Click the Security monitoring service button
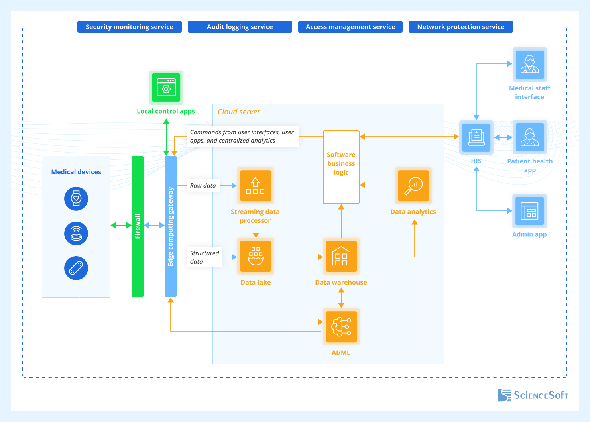[x=130, y=27]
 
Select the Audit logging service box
[x=240, y=27]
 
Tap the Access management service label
[x=350, y=27]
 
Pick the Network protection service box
[x=460, y=27]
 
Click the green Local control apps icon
[x=166, y=87]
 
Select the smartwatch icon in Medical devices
[x=76, y=198]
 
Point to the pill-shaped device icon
[x=76, y=268]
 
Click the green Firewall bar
[x=138, y=226]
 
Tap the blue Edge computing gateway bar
[x=171, y=226]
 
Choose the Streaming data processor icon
[x=256, y=186]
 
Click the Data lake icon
[x=256, y=256]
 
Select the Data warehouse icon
[x=341, y=256]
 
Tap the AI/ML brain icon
[x=341, y=327]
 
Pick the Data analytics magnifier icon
[x=413, y=186]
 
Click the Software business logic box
[x=341, y=167]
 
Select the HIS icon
[x=476, y=137]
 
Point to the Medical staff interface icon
[x=529, y=65]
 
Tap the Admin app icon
[x=529, y=211]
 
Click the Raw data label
[x=203, y=186]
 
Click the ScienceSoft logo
[x=533, y=395]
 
